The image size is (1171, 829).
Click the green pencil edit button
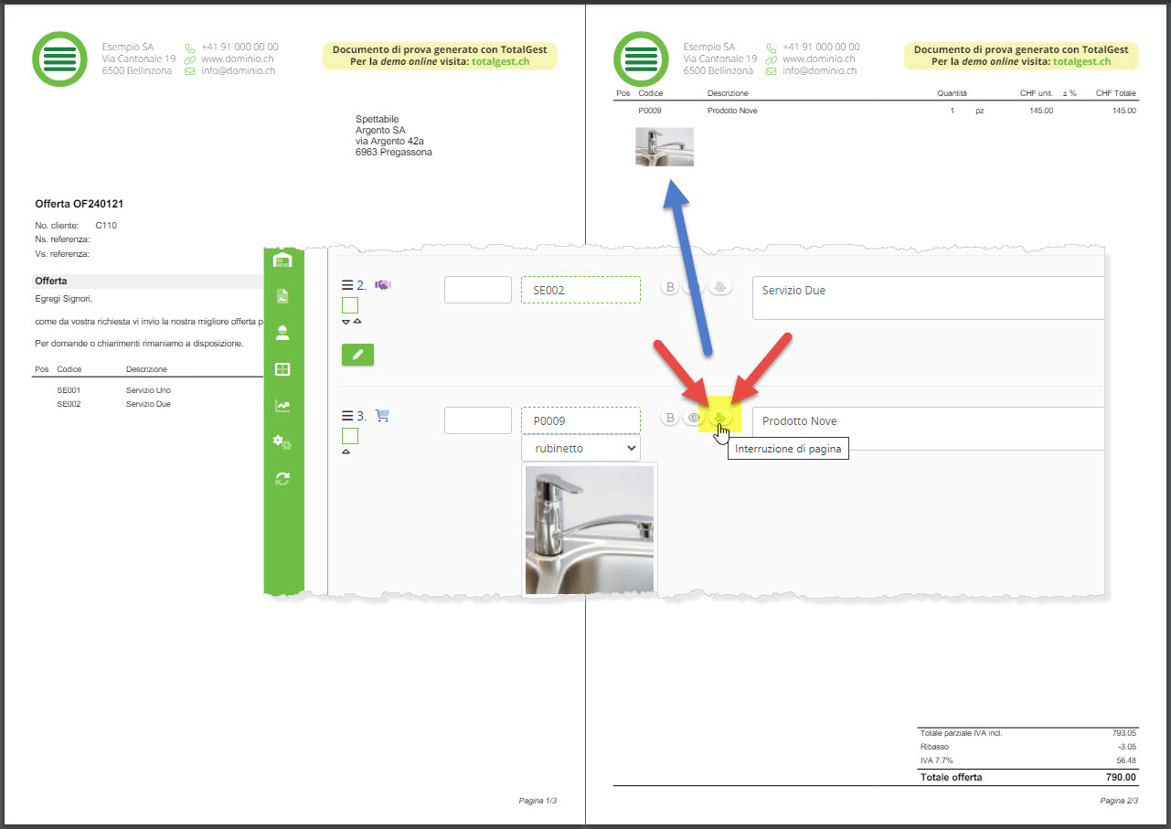tap(357, 355)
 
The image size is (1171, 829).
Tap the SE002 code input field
tap(580, 290)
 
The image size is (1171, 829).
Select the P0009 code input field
tap(580, 420)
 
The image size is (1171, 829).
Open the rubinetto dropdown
tap(580, 448)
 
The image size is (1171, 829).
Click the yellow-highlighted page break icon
tap(719, 417)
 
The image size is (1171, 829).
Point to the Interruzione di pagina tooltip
tap(788, 449)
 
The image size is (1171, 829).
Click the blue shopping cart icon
tap(382, 416)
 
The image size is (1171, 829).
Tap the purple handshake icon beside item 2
tap(383, 285)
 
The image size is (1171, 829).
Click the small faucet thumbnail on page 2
tap(665, 147)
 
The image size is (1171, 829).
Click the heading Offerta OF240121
tap(79, 204)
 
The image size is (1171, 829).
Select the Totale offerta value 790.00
tap(1121, 777)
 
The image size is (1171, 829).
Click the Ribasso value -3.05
tap(1126, 747)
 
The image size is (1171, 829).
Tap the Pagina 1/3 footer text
tap(538, 801)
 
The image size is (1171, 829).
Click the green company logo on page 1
tap(59, 59)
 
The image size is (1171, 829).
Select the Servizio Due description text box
tap(928, 298)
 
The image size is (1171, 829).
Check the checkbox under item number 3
tap(350, 436)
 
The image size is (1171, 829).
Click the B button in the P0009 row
tap(670, 418)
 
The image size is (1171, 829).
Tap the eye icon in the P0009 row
tap(694, 418)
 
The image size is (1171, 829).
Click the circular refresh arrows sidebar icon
tap(282, 478)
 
